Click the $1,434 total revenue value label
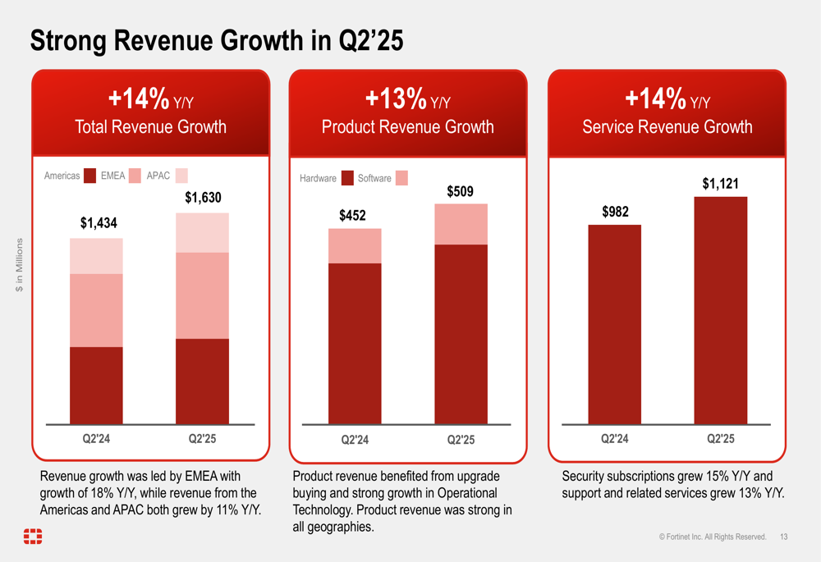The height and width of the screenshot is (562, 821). point(96,222)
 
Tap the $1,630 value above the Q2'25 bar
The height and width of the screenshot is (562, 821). point(202,198)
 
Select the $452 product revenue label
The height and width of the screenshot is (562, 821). point(354,215)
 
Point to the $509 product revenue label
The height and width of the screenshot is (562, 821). point(460,191)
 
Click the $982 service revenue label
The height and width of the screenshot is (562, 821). point(615,212)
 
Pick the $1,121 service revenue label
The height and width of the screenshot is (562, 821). point(720,184)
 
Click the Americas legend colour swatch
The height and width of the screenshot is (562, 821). point(90,176)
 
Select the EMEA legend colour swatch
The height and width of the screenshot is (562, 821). point(135,176)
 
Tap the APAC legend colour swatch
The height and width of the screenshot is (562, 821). point(181,176)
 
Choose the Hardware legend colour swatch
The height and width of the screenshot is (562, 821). point(347,178)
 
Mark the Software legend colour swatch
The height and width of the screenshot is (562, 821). point(401,178)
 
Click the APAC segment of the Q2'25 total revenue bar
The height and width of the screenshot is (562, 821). point(202,232)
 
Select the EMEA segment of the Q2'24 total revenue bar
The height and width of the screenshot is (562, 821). point(96,310)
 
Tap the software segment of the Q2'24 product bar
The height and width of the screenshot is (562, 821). point(354,245)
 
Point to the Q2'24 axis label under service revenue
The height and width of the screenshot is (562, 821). point(615,439)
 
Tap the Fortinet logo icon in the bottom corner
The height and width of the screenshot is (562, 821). point(33,537)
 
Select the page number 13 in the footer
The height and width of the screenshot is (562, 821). point(783,537)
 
